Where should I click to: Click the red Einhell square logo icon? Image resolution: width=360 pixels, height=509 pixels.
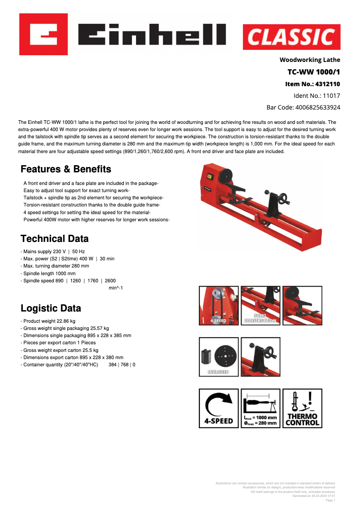43,34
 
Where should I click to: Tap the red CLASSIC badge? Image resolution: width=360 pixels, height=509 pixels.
291,37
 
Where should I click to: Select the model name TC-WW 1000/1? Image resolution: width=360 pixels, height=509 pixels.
314,72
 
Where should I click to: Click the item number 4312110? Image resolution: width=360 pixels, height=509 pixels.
328,84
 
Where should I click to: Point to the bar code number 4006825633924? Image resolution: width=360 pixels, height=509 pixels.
317,107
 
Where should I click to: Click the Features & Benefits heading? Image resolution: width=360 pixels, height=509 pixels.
66,169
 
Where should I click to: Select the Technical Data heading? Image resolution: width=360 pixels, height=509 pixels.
55,238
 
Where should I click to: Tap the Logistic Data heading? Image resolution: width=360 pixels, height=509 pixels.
51,308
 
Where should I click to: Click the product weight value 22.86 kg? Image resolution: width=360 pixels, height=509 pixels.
66,321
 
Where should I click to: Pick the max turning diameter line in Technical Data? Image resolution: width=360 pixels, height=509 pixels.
56,266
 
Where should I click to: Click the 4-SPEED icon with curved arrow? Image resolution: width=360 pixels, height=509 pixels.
219,408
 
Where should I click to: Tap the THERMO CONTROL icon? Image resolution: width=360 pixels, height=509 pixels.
302,408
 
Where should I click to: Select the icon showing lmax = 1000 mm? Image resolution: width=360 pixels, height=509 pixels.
260,408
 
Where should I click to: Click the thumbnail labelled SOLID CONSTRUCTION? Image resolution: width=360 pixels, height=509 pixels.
260,306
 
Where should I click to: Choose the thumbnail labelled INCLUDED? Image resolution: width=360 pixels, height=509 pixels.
219,357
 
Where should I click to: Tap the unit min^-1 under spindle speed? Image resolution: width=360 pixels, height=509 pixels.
116,288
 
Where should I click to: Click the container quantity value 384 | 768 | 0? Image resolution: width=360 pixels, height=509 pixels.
122,364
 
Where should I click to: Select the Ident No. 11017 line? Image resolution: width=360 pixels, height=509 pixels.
316,96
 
